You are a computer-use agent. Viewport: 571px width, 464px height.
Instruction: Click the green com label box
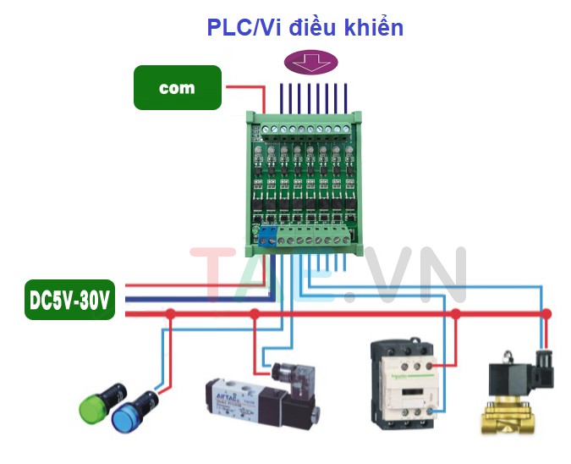[x=177, y=87]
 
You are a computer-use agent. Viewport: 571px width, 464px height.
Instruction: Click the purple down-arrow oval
[x=310, y=62]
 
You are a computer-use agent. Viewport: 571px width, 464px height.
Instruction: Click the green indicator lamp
[x=101, y=406]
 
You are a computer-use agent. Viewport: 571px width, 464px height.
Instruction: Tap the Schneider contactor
[x=404, y=382]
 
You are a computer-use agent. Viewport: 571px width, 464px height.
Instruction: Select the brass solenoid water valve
[x=508, y=412]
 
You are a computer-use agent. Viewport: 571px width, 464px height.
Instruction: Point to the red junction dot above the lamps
[x=170, y=314]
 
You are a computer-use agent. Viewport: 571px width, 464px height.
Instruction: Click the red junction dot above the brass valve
[x=546, y=314]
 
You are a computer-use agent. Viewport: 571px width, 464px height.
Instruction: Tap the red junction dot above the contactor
[x=455, y=314]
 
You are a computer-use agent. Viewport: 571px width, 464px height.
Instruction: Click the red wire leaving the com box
[x=240, y=86]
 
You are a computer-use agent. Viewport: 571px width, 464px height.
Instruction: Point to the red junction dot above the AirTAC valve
[x=255, y=314]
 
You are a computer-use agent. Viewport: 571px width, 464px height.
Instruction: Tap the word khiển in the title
[x=375, y=27]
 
